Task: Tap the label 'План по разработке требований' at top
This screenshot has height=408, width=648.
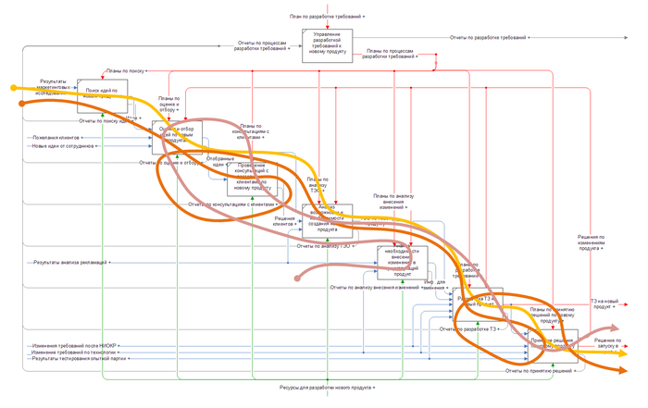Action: click(327, 18)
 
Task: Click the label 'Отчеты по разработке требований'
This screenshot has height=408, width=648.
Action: click(489, 38)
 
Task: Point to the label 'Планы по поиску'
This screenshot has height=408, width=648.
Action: click(124, 70)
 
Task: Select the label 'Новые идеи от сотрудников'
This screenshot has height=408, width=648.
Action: click(64, 146)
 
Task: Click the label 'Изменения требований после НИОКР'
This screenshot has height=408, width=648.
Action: click(74, 345)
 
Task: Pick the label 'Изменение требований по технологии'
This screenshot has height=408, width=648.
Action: click(74, 352)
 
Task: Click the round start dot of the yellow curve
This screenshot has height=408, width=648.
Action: click(12, 88)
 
